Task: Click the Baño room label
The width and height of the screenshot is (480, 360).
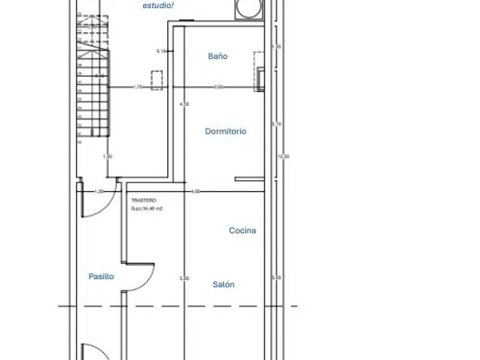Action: pyautogui.click(x=218, y=57)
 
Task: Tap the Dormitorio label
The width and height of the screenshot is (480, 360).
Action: pyautogui.click(x=226, y=131)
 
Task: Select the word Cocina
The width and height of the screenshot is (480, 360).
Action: pyautogui.click(x=242, y=230)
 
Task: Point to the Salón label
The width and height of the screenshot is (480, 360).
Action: pyautogui.click(x=224, y=284)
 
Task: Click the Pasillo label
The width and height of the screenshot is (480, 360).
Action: pyautogui.click(x=101, y=276)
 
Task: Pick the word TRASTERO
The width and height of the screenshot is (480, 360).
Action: pyautogui.click(x=144, y=200)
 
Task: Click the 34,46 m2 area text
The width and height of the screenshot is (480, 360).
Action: pyautogui.click(x=147, y=208)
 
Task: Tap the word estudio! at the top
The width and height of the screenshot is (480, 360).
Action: pyautogui.click(x=158, y=6)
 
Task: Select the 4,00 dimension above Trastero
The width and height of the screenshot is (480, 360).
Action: pyautogui.click(x=195, y=191)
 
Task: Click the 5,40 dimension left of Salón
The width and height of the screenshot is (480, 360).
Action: pyautogui.click(x=185, y=278)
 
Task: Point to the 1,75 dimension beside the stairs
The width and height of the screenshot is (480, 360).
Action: pyautogui.click(x=137, y=86)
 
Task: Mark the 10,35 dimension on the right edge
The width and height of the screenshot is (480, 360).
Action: pyautogui.click(x=282, y=156)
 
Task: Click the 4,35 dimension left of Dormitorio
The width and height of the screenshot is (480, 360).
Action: pyautogui.click(x=185, y=105)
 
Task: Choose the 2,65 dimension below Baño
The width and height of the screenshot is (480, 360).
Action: pyautogui.click(x=219, y=86)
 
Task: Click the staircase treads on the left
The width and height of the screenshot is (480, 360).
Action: pyautogui.click(x=92, y=88)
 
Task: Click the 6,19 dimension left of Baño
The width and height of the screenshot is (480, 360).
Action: pyautogui.click(x=161, y=51)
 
